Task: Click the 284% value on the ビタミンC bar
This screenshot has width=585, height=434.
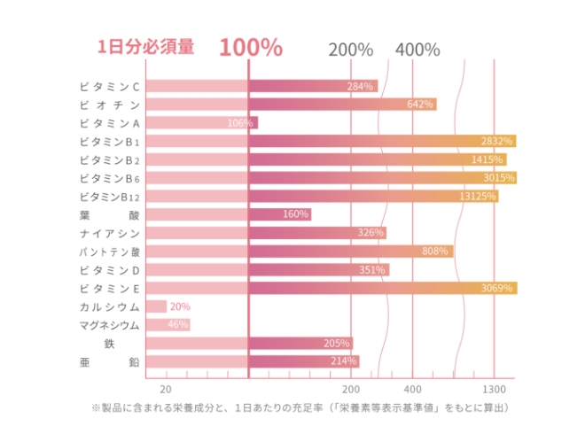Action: point(360,87)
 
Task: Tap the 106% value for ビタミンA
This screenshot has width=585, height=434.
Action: point(239,123)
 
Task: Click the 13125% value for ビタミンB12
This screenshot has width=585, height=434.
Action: point(478,197)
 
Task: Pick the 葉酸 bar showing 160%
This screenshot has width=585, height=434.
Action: point(279,214)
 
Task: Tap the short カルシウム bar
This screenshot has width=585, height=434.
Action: point(156,306)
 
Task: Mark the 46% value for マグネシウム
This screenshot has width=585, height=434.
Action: point(178,325)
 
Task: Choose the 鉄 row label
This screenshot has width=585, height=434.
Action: point(110,344)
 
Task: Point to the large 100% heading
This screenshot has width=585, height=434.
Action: point(251,47)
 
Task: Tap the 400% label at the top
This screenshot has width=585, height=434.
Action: point(417,50)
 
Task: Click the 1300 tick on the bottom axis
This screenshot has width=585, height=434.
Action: point(494,390)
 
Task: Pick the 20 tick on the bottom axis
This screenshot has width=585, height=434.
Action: point(165,390)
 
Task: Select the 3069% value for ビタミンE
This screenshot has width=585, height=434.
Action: point(497,289)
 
